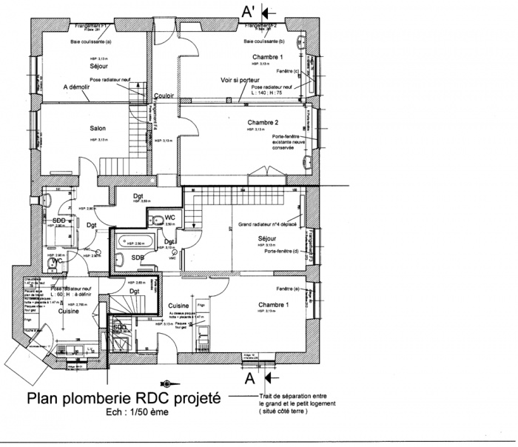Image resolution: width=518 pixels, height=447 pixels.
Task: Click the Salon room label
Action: [98, 128]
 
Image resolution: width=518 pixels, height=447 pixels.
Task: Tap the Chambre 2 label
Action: [265, 122]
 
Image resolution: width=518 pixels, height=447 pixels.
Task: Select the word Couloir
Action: [165, 96]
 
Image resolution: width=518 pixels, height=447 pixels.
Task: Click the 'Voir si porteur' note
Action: [241, 80]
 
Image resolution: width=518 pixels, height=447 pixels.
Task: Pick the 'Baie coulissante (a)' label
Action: [90, 42]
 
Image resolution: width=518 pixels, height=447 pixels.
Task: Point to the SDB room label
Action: [138, 257]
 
